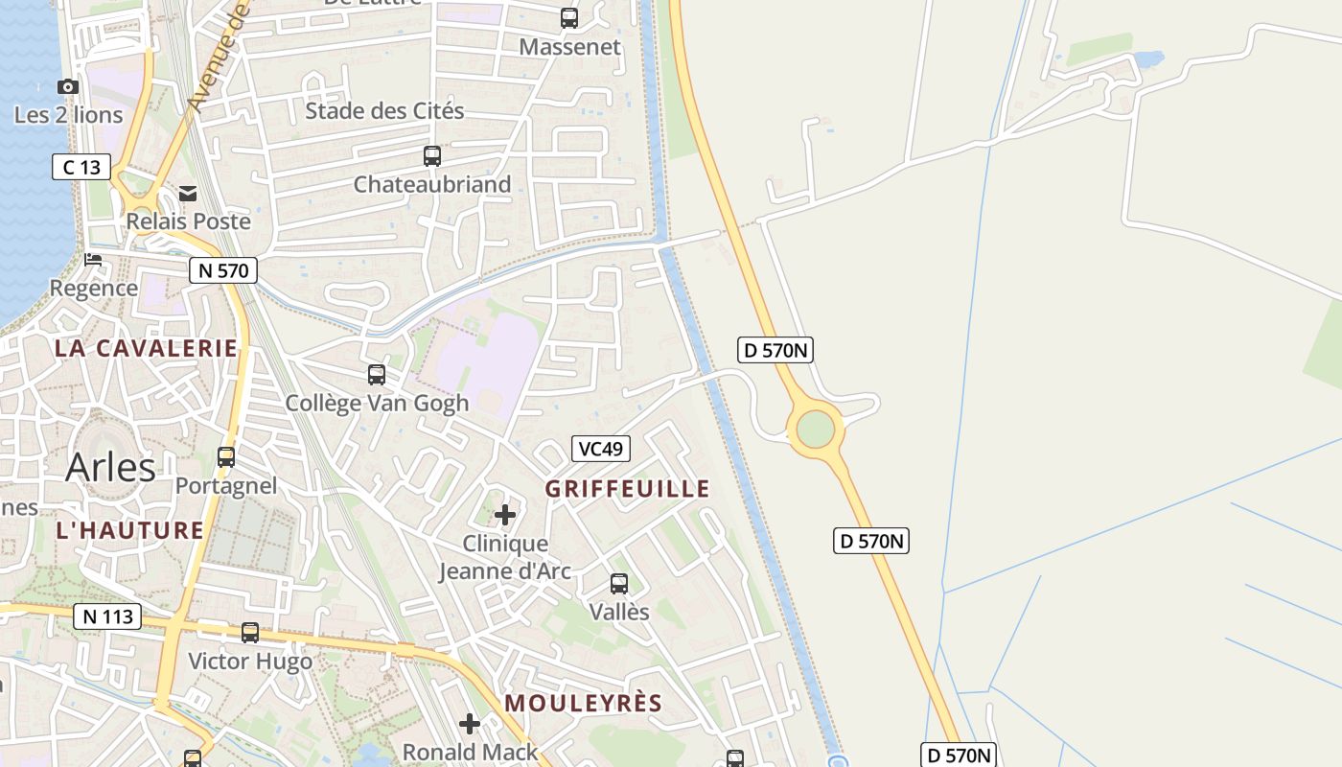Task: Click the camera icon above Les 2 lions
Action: [x=67, y=87]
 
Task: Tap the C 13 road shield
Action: [x=81, y=168]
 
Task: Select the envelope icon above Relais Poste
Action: [x=188, y=195]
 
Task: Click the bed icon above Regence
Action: [x=93, y=260]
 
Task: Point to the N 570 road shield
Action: [x=222, y=271]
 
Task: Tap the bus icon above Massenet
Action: [x=569, y=17]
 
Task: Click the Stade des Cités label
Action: [x=384, y=111]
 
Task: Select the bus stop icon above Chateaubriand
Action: [x=432, y=155]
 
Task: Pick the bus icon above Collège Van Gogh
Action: [x=377, y=375]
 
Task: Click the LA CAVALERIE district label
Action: [x=146, y=348]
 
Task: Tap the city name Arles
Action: [x=110, y=468]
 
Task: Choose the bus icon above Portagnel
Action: [x=226, y=456]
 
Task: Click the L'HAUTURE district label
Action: [x=130, y=530]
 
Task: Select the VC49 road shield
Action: [x=601, y=448]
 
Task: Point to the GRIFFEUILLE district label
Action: [x=628, y=489]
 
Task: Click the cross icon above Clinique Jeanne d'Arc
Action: [x=505, y=516]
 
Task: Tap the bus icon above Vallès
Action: [x=619, y=583]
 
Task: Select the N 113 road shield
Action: [x=107, y=616]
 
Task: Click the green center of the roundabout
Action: [x=815, y=429]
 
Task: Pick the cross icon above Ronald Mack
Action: [x=470, y=724]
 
